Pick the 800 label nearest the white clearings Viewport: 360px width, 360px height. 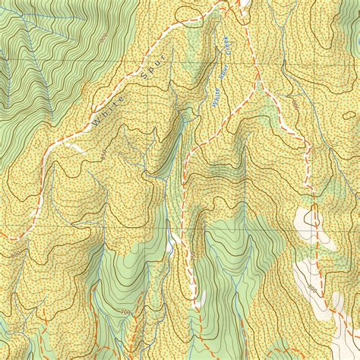point(312,289)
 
